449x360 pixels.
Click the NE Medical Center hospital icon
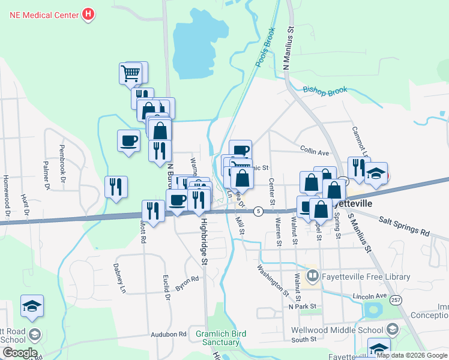[89, 13]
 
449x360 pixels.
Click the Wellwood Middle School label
[337, 329]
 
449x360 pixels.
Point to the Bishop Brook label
[325, 91]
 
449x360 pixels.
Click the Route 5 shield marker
[258, 211]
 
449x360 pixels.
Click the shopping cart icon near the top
[131, 73]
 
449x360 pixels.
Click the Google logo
[19, 353]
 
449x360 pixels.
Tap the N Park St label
[302, 307]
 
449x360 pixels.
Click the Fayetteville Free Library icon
[312, 277]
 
